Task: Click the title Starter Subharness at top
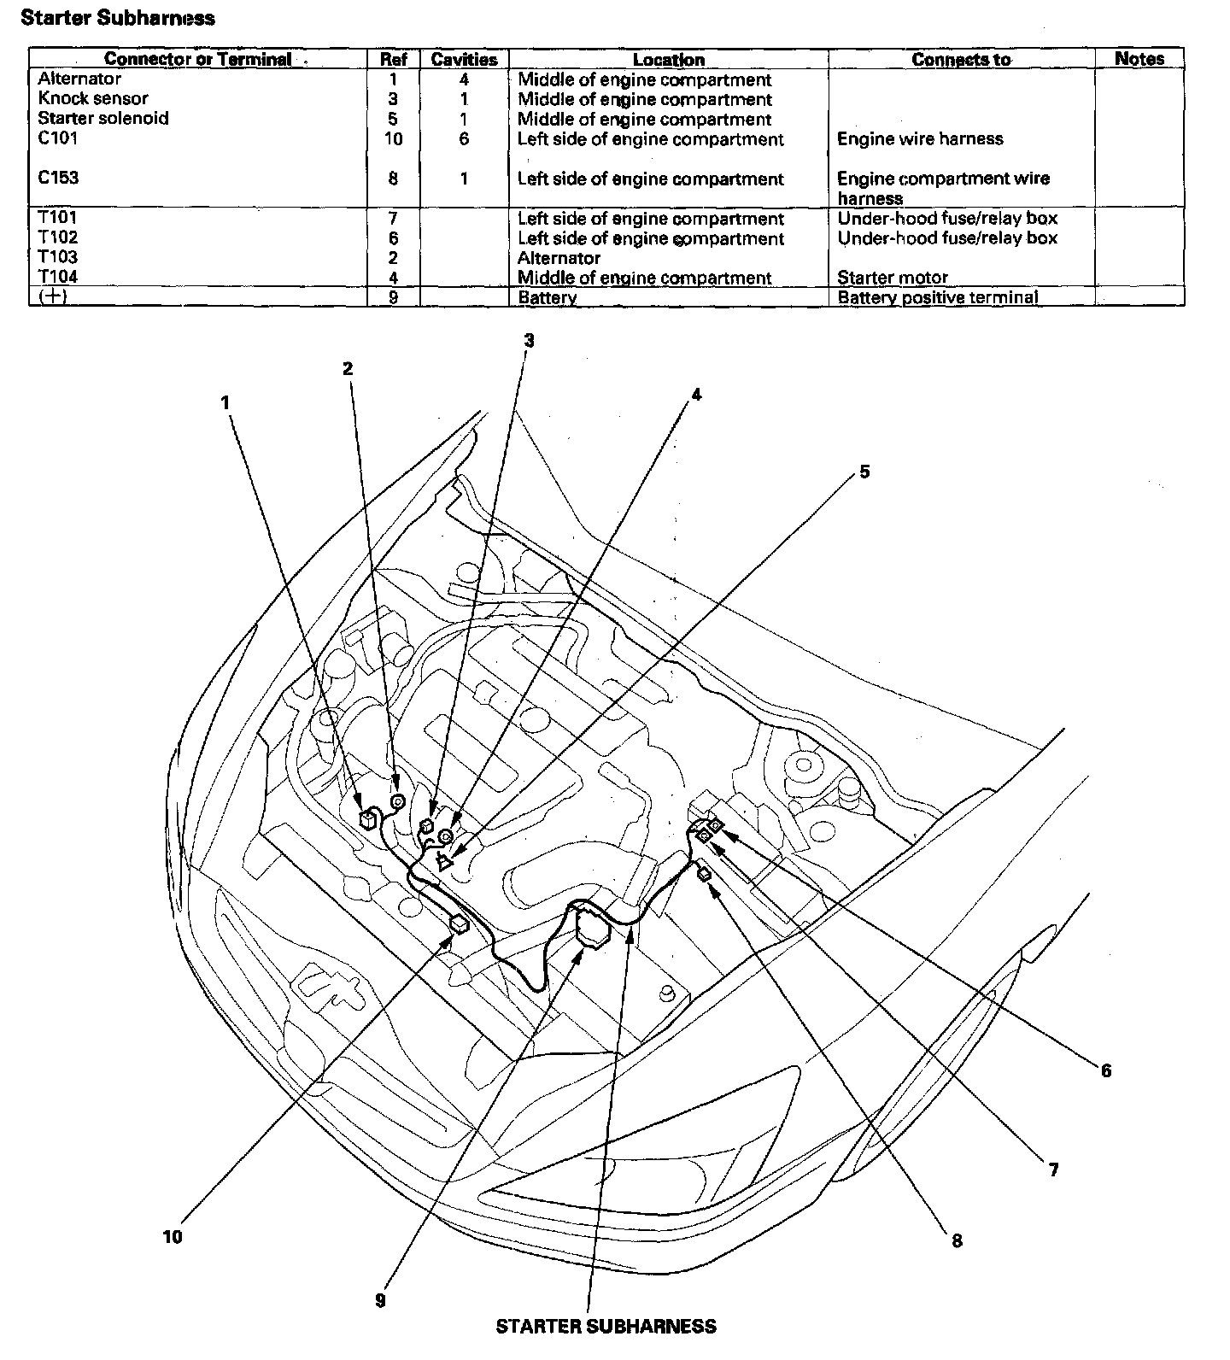[118, 18]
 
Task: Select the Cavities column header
[464, 60]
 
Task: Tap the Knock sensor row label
[93, 99]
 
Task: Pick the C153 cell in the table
[58, 178]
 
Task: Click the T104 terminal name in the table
[58, 277]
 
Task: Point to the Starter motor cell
[893, 278]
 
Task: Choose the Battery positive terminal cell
[937, 297]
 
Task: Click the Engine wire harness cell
[920, 138]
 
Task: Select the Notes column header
[1139, 59]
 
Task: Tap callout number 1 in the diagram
[226, 402]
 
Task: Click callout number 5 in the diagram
[864, 472]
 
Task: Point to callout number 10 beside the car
[173, 1236]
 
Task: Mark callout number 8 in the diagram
[957, 1240]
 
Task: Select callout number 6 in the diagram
[1106, 1070]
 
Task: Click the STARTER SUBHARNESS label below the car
[606, 1326]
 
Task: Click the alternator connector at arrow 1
[369, 818]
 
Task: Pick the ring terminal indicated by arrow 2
[397, 801]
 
